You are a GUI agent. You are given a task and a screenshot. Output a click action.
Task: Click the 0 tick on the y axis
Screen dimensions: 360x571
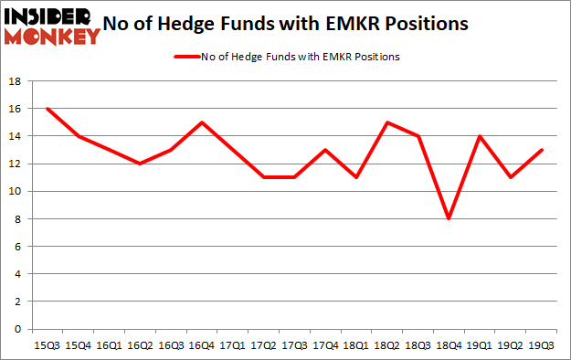click(17, 329)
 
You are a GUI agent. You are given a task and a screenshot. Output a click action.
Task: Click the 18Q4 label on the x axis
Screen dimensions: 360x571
click(449, 345)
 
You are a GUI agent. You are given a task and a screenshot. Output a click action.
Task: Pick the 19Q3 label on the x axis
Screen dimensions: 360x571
click(542, 345)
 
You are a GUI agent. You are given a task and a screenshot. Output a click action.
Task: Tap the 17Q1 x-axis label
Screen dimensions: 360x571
click(231, 345)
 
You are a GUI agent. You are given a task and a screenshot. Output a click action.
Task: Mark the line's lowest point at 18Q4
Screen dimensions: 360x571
click(449, 219)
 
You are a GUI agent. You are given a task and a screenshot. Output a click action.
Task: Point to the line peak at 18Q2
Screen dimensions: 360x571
click(386, 122)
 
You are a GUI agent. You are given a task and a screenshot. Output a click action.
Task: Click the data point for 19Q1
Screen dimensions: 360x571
click(480, 136)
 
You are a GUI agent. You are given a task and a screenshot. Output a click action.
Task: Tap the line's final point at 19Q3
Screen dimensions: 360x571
click(542, 150)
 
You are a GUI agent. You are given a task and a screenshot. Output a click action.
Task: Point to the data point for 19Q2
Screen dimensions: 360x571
click(511, 177)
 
